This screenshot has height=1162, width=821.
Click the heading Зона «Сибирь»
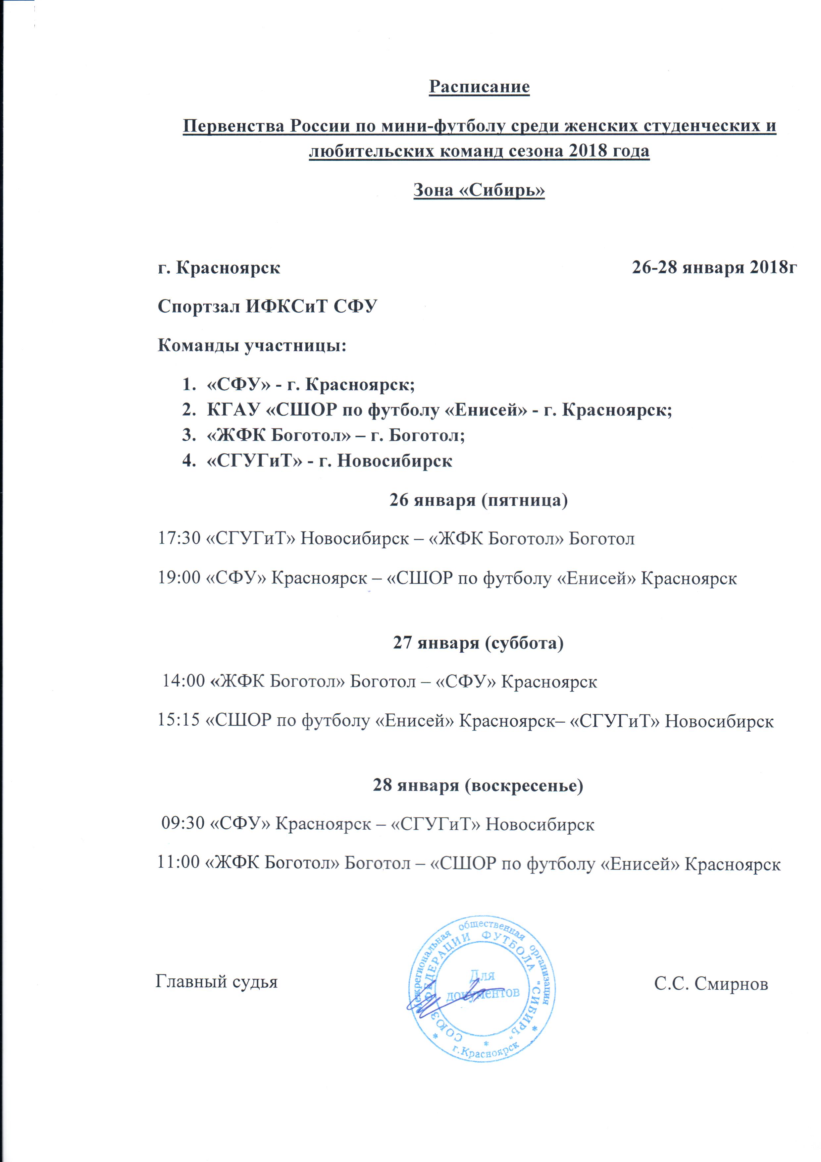pyautogui.click(x=479, y=190)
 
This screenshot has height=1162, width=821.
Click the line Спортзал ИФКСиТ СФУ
pyautogui.click(x=268, y=307)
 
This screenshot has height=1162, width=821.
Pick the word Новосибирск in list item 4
pyautogui.click(x=394, y=461)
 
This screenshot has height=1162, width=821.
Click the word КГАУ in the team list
pyautogui.click(x=233, y=410)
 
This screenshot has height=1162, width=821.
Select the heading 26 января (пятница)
pyautogui.click(x=479, y=500)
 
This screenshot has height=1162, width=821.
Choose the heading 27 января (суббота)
pyautogui.click(x=479, y=643)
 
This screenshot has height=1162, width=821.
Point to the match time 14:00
pyautogui.click(x=183, y=681)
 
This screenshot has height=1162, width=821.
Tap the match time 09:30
pyautogui.click(x=182, y=824)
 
